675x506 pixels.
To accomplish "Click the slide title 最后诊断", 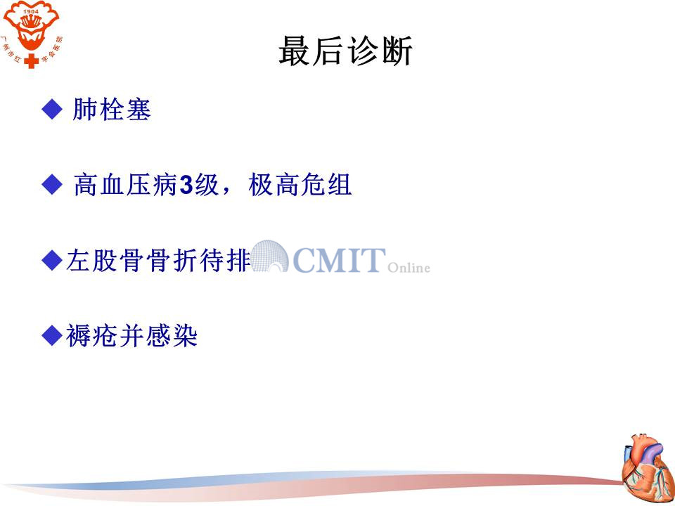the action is tap(346, 51).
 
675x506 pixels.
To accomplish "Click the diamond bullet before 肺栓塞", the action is tap(52, 110).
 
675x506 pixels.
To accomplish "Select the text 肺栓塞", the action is tap(112, 110).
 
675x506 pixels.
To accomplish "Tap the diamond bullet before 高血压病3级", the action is tap(52, 185).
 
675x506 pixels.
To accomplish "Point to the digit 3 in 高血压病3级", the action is tap(186, 186).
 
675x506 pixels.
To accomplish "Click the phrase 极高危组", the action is tap(300, 185).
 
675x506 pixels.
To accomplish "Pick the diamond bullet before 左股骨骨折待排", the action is tap(52, 260).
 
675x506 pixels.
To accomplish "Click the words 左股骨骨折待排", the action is tap(158, 260).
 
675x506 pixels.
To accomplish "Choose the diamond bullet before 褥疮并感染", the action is tap(52, 335).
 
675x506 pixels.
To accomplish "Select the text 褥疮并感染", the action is tap(131, 336).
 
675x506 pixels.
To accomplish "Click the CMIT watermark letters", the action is tap(339, 260).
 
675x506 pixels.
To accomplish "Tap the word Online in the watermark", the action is tap(409, 268).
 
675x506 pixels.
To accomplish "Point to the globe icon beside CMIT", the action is tap(269, 257).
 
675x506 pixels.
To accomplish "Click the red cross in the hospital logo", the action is tap(31, 60).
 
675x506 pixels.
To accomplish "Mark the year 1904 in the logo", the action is tap(31, 11).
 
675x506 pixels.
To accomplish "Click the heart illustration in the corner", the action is tap(648, 468).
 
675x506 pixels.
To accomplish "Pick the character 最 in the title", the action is tap(295, 51).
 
